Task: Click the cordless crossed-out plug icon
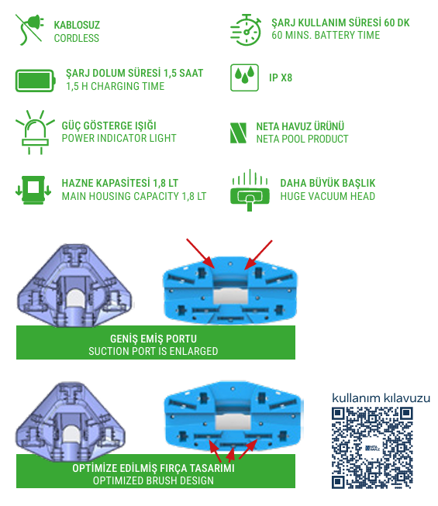[29, 29]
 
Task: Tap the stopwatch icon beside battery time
[246, 29]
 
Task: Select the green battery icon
[36, 81]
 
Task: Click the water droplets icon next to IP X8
[244, 77]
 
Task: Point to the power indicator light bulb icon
[35, 132]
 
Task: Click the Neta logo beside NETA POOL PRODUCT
[238, 133]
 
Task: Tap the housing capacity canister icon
[33, 190]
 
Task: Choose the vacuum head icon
[250, 190]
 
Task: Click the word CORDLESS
[77, 38]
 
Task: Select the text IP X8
[281, 77]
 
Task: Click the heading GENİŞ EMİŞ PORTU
[153, 339]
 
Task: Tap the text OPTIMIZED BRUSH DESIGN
[153, 480]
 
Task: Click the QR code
[372, 448]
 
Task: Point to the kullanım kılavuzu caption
[381, 398]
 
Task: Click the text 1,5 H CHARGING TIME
[116, 86]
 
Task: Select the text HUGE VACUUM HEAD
[328, 196]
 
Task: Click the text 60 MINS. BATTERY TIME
[326, 35]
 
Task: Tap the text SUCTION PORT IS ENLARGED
[153, 351]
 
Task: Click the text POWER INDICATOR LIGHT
[119, 138]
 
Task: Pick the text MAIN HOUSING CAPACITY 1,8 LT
[134, 196]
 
